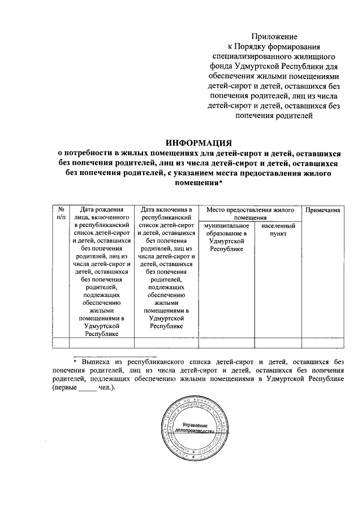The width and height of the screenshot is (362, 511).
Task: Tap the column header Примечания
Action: [322, 210]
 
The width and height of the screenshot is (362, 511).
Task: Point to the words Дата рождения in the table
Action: [101, 210]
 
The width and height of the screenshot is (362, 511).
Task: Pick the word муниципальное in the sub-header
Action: [226, 225]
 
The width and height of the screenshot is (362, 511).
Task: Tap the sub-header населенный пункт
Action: [278, 229]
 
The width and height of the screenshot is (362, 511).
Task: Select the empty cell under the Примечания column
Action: [322, 343]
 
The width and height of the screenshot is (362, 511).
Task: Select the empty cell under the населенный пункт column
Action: [278, 343]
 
